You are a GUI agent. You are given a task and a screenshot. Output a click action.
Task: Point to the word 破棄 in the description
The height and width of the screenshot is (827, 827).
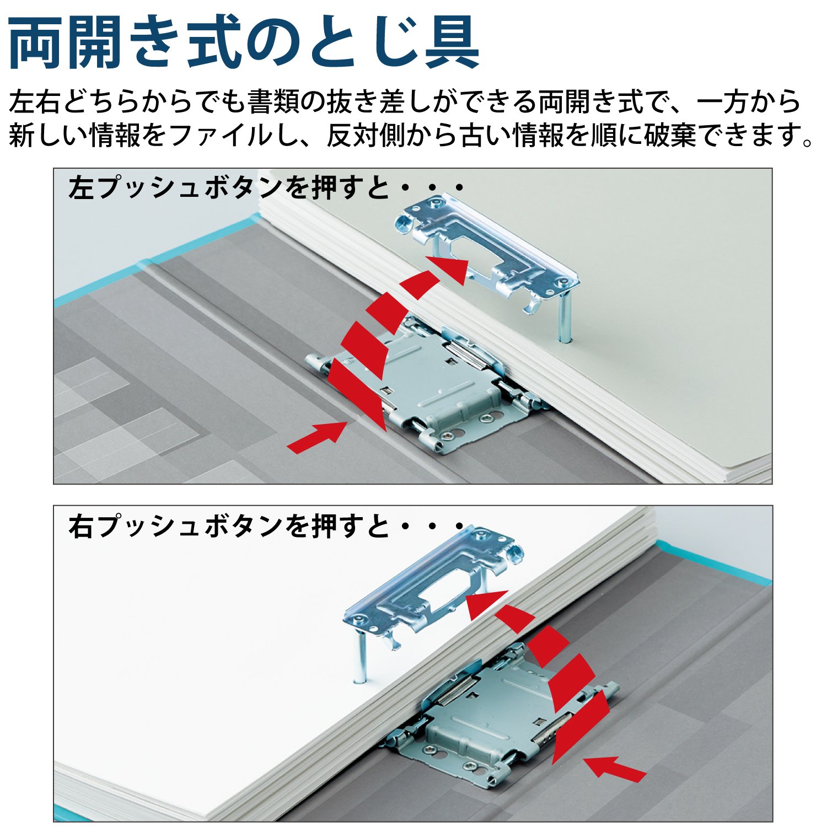(x=669, y=135)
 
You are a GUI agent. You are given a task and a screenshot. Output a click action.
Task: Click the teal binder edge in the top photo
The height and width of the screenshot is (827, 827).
(x=157, y=259)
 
